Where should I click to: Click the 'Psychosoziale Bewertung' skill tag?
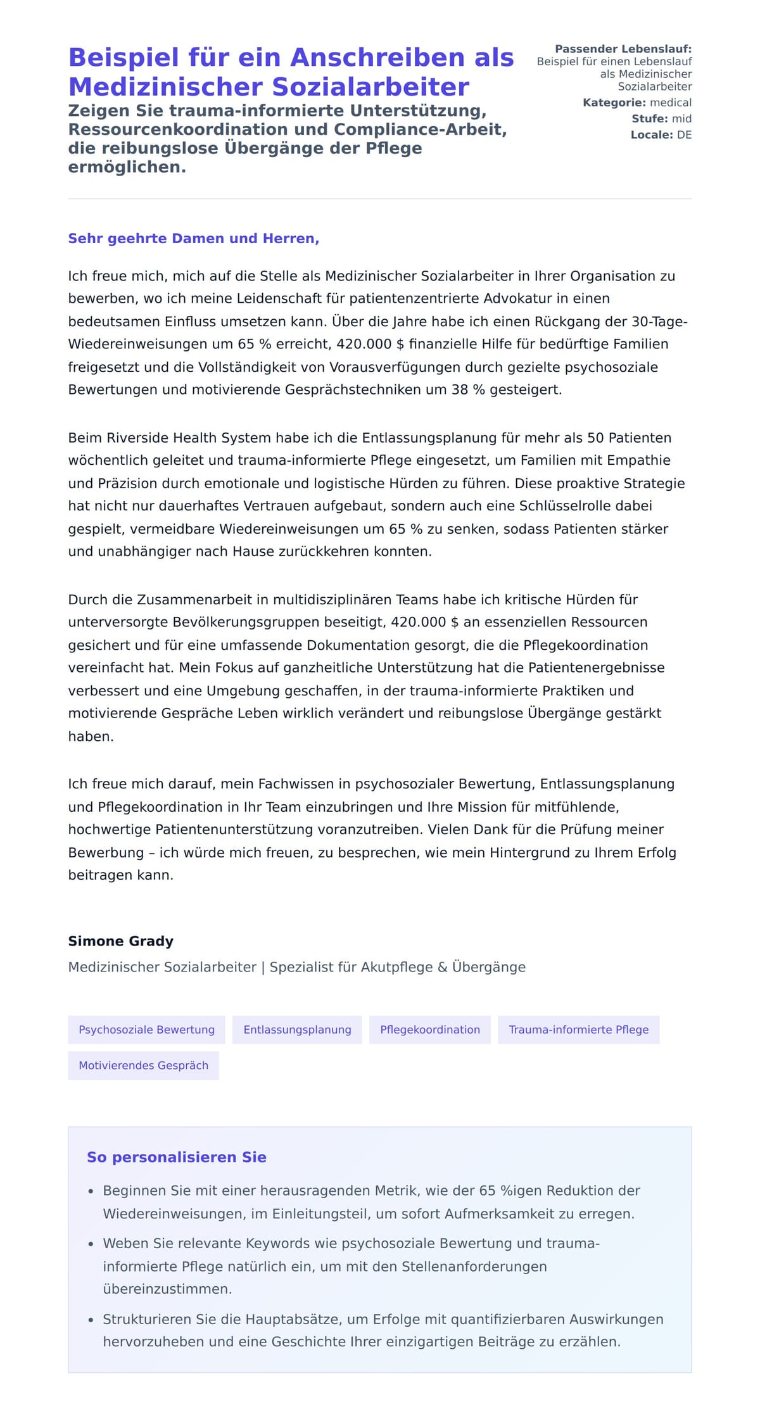coord(146,1030)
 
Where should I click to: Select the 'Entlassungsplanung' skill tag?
coord(297,1030)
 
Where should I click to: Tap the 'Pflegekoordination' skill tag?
coord(430,1030)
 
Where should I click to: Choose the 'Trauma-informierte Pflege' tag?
coord(578,1030)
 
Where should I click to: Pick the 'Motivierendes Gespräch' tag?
coord(143,1065)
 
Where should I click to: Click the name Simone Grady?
coord(120,941)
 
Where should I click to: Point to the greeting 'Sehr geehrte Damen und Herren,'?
coord(193,239)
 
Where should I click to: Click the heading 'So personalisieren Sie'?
coord(176,1157)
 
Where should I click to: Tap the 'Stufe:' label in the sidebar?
coord(649,118)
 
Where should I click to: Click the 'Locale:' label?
coord(651,135)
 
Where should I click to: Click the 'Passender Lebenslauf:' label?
coord(623,49)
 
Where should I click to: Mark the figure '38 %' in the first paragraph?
coord(468,389)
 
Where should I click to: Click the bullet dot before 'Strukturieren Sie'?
coord(91,1320)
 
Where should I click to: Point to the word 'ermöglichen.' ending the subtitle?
coord(127,167)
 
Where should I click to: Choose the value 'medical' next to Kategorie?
coord(671,103)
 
